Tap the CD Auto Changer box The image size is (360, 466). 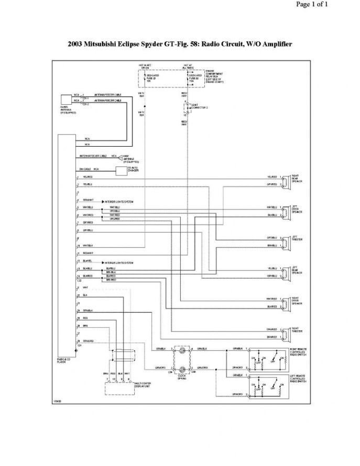(x=121, y=171)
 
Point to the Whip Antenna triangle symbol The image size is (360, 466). (x=119, y=157)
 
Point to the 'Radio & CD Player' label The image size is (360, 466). (x=64, y=360)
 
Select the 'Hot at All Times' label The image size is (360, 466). (x=188, y=67)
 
